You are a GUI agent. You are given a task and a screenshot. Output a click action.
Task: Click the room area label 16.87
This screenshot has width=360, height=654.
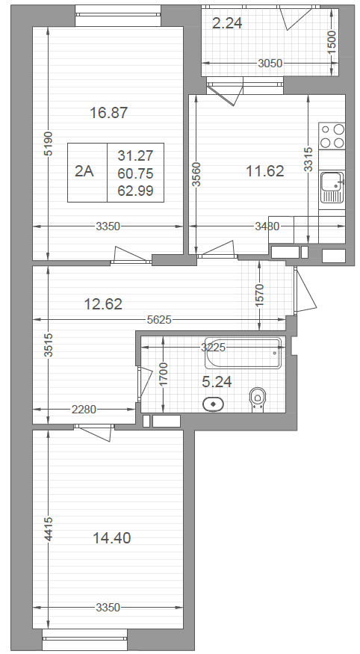click(x=109, y=113)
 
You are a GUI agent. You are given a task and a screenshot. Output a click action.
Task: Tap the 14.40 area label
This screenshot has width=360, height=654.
click(x=112, y=538)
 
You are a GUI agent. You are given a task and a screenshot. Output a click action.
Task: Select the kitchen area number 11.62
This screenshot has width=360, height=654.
click(x=265, y=170)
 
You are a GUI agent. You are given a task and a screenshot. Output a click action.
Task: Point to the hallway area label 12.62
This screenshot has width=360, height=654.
click(x=103, y=304)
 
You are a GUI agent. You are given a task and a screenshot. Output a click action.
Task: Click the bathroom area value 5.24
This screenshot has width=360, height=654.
click(x=217, y=382)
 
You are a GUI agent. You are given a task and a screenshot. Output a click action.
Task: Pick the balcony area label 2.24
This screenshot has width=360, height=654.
click(x=227, y=23)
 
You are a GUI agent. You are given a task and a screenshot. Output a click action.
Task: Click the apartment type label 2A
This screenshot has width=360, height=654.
click(x=84, y=171)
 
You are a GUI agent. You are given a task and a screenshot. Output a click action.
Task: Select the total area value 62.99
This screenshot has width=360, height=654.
click(x=135, y=191)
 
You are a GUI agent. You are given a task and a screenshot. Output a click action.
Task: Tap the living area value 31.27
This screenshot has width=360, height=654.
click(x=135, y=155)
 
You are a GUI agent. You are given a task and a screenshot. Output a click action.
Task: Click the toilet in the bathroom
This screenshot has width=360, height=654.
click(x=258, y=400)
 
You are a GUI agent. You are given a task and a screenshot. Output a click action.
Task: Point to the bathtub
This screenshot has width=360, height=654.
click(x=243, y=353)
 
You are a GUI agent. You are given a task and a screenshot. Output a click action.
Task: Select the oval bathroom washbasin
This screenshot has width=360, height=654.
click(x=214, y=404)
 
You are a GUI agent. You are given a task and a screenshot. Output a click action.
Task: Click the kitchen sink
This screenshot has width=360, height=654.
click(x=332, y=186)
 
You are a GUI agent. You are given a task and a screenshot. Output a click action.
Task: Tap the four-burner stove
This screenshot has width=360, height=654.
click(x=332, y=136)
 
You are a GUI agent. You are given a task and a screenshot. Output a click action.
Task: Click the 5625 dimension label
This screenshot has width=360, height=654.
click(x=159, y=320)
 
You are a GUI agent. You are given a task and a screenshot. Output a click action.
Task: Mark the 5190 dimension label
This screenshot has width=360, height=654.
click(x=49, y=144)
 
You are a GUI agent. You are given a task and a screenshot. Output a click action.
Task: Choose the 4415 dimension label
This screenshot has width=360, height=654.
click(x=49, y=529)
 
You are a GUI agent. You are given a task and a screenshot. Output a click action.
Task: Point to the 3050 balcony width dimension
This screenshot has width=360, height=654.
click(x=270, y=64)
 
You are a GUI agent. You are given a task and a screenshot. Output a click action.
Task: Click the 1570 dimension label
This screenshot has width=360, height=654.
click(x=260, y=295)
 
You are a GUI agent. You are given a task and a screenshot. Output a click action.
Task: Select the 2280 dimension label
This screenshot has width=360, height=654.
click(x=84, y=410)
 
